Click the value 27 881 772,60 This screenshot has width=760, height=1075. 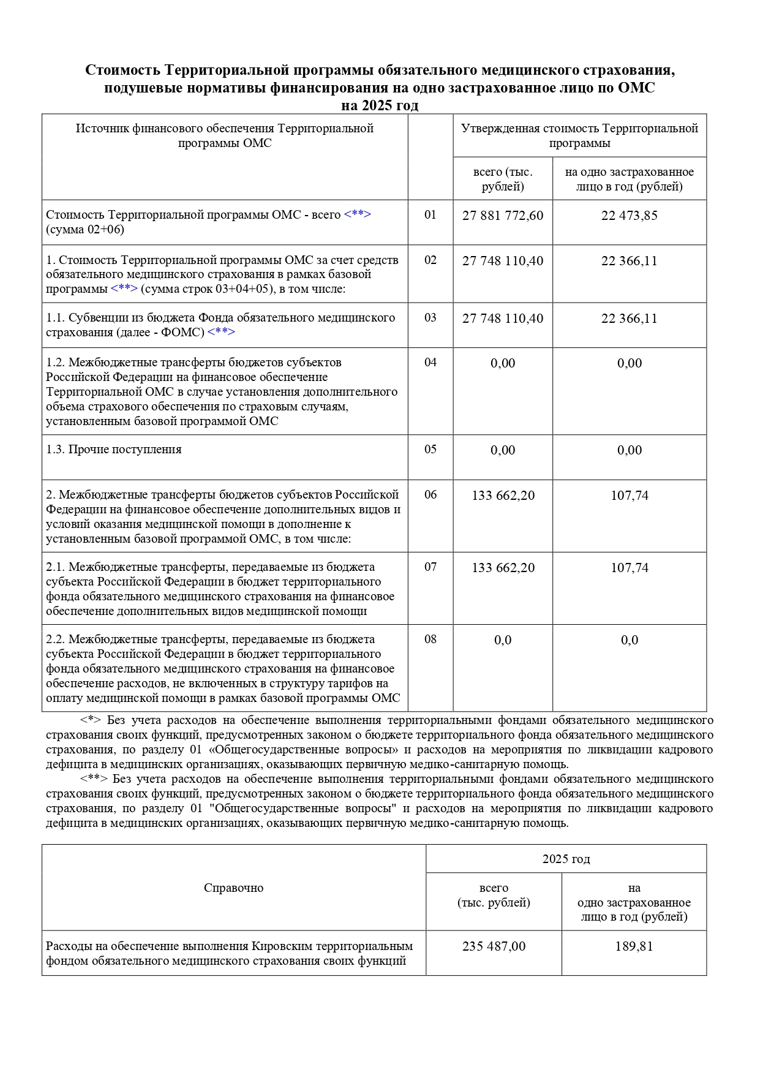(503, 216)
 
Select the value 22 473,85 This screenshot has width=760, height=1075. (629, 216)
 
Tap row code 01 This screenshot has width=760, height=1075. (431, 215)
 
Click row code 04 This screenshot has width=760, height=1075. (431, 363)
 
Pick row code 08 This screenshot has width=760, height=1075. (431, 639)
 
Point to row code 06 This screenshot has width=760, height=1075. (431, 495)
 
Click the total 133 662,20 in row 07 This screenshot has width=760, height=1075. (503, 568)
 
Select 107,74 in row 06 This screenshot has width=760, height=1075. (629, 496)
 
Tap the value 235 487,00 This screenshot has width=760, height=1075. (494, 946)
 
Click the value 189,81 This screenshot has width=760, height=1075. (634, 946)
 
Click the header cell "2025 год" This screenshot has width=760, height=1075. (566, 859)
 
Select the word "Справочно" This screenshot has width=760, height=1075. (233, 888)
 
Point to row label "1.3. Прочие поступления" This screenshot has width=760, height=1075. (114, 450)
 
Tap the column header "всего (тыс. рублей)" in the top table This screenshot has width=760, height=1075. (503, 179)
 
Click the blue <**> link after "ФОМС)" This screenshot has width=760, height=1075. (221, 333)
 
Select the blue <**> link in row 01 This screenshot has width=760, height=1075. (358, 215)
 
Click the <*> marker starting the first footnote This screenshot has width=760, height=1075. (91, 720)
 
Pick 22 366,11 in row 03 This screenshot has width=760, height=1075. (629, 319)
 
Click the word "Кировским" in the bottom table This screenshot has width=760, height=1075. (280, 946)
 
